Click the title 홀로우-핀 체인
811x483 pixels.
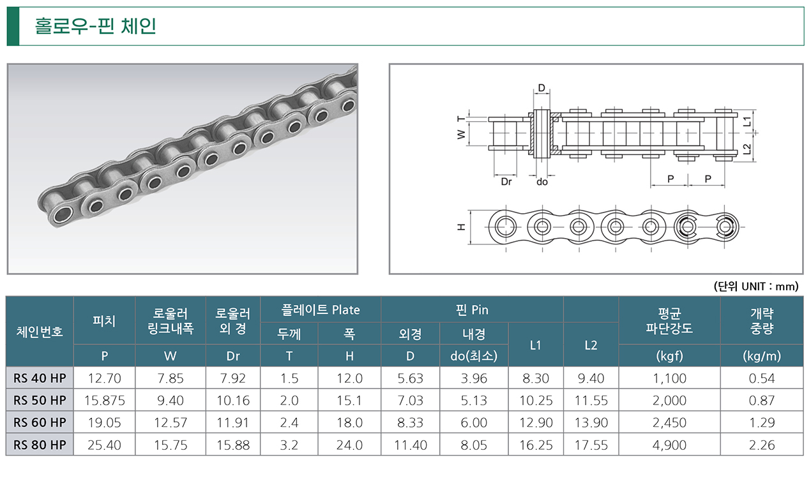click(95, 26)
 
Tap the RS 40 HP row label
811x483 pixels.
click(40, 378)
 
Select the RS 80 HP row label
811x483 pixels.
click(40, 445)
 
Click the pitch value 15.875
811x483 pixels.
click(105, 401)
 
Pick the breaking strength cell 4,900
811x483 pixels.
click(669, 445)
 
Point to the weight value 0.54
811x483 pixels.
click(762, 378)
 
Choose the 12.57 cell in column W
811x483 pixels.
click(171, 422)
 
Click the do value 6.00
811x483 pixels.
click(474, 422)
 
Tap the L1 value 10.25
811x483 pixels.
click(536, 401)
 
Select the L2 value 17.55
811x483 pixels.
click(591, 445)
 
